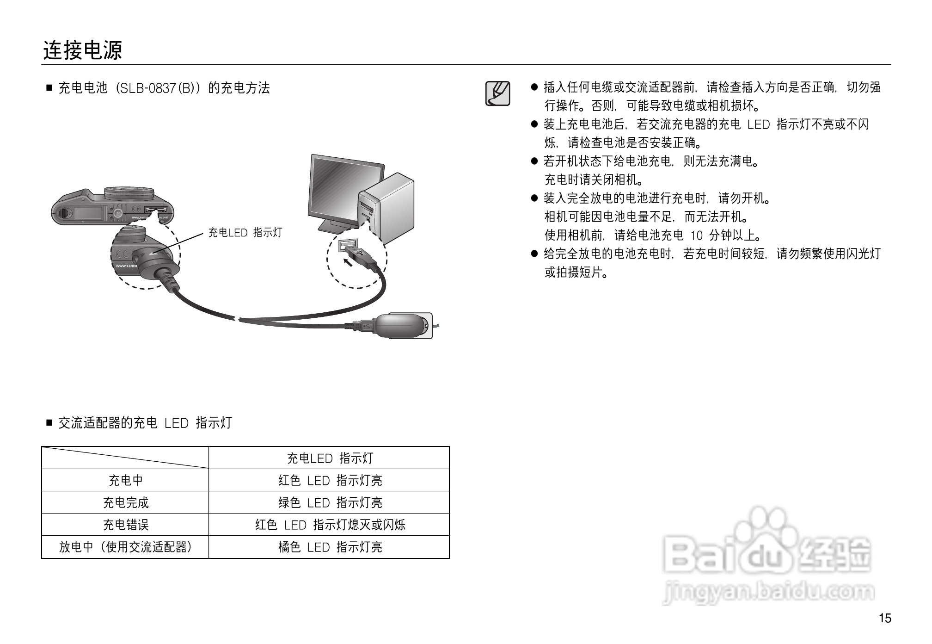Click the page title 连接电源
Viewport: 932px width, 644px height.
83,50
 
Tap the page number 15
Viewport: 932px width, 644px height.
884,618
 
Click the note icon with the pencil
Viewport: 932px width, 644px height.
497,93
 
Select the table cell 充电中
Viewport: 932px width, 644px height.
125,480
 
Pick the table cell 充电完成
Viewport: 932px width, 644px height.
125,502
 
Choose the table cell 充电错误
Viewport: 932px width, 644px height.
125,525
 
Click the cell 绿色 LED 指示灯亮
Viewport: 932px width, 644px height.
330,502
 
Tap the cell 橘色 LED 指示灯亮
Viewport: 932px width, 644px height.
330,547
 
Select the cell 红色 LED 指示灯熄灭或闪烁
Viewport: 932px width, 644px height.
330,525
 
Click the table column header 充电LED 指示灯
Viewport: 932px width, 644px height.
330,458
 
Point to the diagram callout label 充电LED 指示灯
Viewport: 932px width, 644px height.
245,232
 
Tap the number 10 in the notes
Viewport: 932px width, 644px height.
696,235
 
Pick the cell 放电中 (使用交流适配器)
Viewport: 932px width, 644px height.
125,547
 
